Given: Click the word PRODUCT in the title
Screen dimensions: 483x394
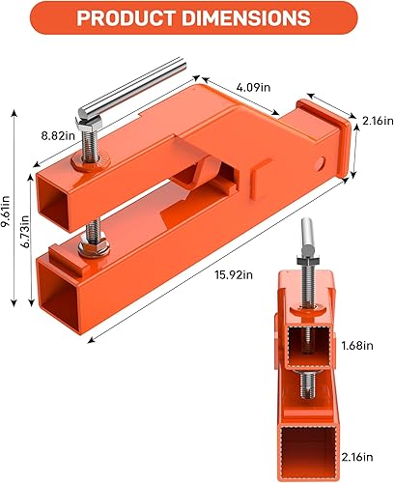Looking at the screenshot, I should tap(127, 19).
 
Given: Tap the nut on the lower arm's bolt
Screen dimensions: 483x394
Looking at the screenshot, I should tap(99, 254).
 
